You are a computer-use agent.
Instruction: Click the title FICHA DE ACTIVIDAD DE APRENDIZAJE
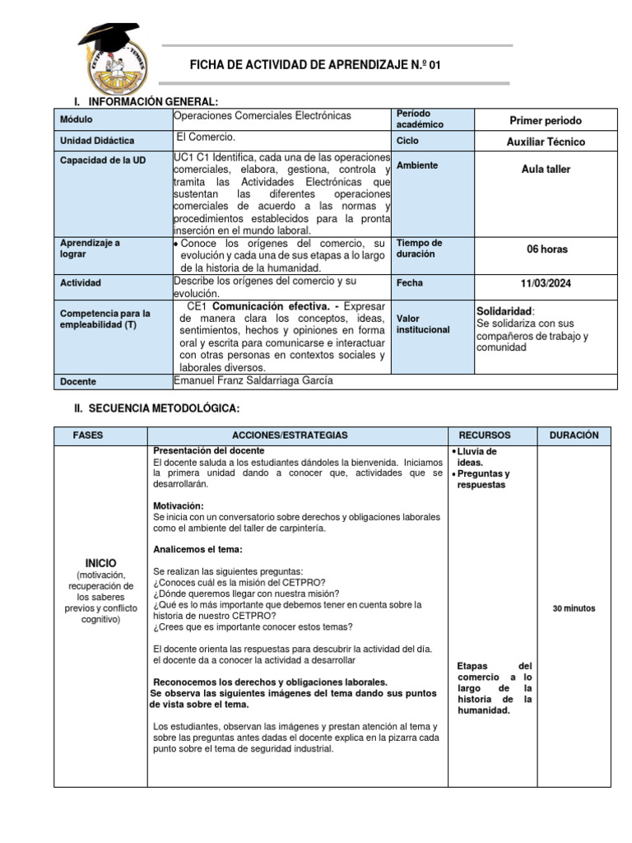309,65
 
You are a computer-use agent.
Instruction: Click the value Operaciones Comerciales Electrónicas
263,115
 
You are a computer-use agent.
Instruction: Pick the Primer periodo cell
546,120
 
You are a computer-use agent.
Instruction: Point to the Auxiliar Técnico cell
546,142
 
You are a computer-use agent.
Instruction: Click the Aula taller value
546,169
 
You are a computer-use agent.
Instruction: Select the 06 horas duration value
546,249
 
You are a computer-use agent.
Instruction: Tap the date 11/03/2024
546,283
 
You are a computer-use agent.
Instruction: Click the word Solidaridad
504,311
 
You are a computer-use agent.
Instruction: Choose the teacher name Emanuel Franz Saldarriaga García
253,380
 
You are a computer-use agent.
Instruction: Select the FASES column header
88,435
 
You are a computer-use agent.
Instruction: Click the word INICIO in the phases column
95,562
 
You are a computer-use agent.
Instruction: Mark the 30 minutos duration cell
574,608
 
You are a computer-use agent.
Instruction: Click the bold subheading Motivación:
179,505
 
